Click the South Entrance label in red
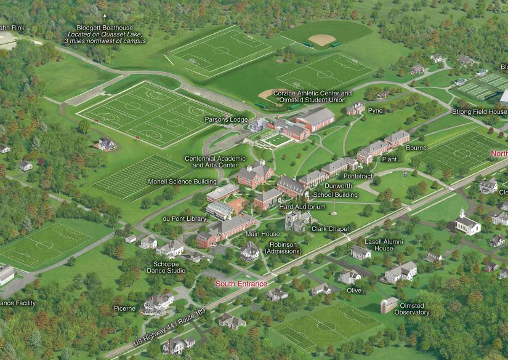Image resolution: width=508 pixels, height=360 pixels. click(x=241, y=284)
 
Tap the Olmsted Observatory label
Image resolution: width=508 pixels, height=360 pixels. click(x=412, y=309)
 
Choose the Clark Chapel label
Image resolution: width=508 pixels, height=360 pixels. click(x=331, y=229)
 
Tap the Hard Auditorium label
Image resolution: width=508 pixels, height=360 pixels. click(x=302, y=207)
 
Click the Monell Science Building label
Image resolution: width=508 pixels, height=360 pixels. click(x=182, y=182)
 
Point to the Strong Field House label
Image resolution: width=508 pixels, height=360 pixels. click(x=480, y=112)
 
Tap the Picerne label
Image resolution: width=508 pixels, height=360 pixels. click(x=124, y=308)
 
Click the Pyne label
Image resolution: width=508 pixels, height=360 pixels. click(x=375, y=111)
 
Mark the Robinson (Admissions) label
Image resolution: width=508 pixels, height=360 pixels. click(x=283, y=248)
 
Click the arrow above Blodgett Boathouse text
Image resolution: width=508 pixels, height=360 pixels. click(x=105, y=16)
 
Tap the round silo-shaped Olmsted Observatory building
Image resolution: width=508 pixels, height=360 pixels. click(x=389, y=305)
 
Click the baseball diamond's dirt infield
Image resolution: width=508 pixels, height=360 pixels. click(x=322, y=39)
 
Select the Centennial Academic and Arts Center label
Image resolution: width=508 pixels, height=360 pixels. click(x=211, y=162)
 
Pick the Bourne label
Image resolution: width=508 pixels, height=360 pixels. click(x=416, y=148)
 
